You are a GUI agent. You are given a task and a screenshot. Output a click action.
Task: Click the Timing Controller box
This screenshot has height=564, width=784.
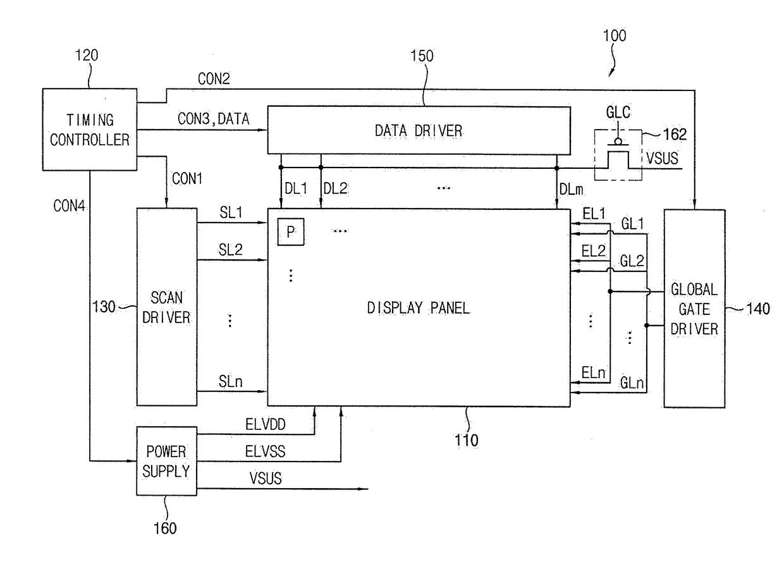tap(90, 130)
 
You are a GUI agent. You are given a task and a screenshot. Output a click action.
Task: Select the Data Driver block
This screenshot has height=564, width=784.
tap(419, 131)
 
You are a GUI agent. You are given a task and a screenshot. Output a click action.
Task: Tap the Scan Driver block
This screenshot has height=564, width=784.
tap(167, 307)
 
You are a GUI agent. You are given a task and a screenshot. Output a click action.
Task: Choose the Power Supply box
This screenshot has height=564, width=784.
tap(167, 461)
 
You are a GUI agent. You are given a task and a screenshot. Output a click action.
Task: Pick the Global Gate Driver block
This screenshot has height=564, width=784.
tap(694, 309)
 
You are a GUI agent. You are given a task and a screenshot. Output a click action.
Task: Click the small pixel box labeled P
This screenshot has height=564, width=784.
tap(291, 232)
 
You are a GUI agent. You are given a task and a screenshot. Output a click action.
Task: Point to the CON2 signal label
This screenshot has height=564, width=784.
tap(214, 79)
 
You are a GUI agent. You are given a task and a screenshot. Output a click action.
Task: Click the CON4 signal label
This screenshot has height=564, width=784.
tap(69, 206)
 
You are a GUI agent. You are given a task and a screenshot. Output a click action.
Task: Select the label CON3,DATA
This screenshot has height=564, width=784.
tap(214, 119)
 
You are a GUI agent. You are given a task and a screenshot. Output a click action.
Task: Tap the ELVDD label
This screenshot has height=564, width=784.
tap(266, 425)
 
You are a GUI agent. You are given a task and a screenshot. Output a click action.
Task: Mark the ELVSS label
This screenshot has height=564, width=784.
tap(266, 451)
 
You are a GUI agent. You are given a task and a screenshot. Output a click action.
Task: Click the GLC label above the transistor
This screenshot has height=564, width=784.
tap(618, 113)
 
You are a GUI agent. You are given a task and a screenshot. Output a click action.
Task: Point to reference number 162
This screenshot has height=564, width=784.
tap(675, 135)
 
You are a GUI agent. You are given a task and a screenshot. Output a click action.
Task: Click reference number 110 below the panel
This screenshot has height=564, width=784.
tap(466, 441)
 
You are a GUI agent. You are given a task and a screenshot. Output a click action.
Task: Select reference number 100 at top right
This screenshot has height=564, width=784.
tap(615, 35)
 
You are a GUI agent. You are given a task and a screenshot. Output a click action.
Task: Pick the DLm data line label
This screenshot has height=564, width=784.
tap(571, 190)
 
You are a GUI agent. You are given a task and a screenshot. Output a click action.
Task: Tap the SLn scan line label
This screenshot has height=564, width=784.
tap(230, 382)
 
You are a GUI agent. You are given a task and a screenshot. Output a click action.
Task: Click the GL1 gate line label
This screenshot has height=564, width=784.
tap(632, 224)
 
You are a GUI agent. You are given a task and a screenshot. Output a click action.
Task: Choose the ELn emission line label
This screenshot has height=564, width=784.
tap(593, 372)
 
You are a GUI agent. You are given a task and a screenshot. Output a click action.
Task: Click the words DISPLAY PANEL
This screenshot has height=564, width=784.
tap(419, 308)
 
